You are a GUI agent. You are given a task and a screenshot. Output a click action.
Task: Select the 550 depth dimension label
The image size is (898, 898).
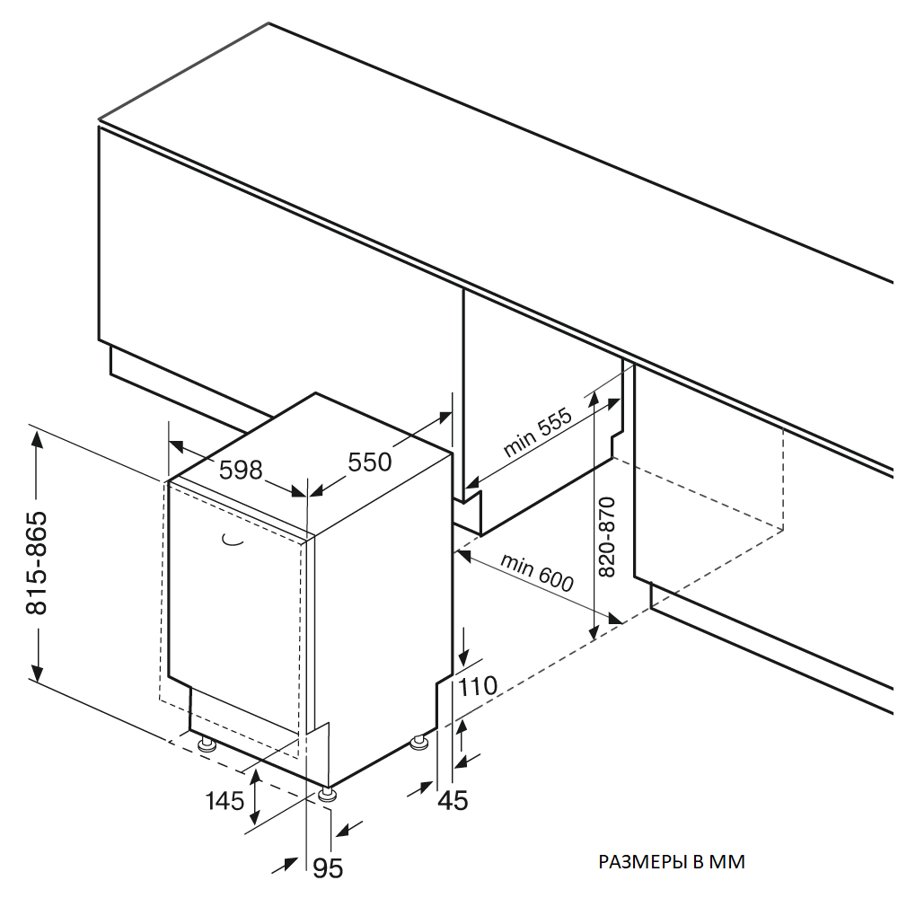pyautogui.click(x=370, y=462)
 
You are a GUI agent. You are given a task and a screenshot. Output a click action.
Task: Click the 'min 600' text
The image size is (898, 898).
pyautogui.click(x=536, y=573)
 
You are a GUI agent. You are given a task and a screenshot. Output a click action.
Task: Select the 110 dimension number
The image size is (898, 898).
pyautogui.click(x=477, y=687)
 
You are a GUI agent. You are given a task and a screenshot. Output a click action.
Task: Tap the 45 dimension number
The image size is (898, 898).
pyautogui.click(x=453, y=799)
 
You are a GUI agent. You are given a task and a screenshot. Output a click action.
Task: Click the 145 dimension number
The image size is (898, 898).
pyautogui.click(x=224, y=799)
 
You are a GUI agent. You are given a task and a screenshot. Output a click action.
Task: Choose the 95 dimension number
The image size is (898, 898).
pyautogui.click(x=328, y=867)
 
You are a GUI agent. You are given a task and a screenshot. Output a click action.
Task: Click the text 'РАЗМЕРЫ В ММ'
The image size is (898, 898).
pyautogui.click(x=672, y=862)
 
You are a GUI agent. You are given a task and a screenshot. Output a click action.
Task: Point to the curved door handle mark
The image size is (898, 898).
pyautogui.click(x=232, y=540)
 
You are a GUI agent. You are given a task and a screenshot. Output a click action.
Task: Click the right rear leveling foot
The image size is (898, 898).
pyautogui.click(x=418, y=743)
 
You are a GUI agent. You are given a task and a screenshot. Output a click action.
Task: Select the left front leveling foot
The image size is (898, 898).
pyautogui.click(x=206, y=743)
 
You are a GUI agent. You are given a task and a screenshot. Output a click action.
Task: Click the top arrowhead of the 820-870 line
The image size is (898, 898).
pyautogui.click(x=594, y=396)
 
